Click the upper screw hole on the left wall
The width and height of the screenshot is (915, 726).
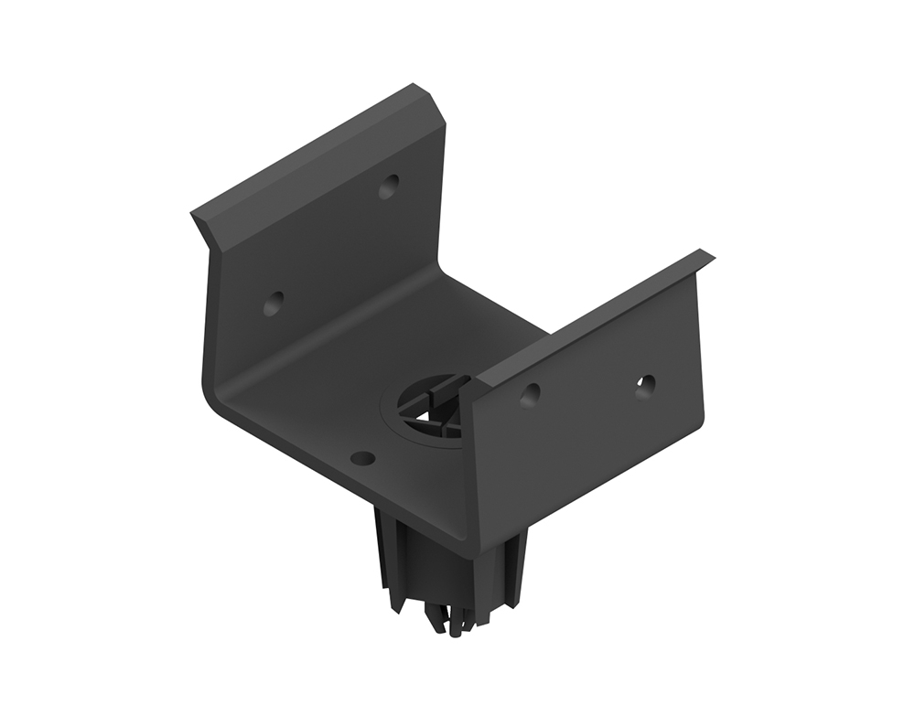click(389, 187)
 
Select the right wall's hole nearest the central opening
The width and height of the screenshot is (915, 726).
click(529, 394)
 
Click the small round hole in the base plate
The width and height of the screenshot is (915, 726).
click(362, 458)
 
